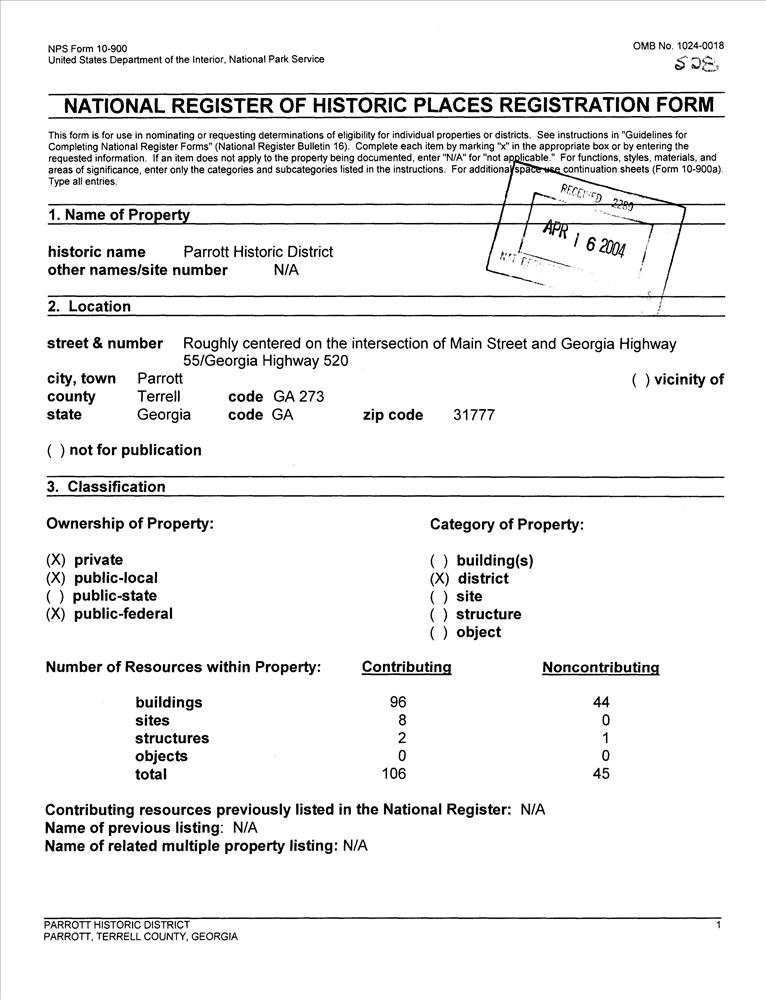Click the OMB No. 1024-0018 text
coord(678,46)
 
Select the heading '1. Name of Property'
coord(118,215)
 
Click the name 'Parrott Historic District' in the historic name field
coord(258,252)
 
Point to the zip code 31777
coord(474,415)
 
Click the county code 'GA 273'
coord(299,397)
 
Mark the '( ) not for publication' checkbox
coord(57,450)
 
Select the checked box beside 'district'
coord(439,578)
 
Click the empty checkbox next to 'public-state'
coord(56,596)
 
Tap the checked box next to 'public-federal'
coord(56,614)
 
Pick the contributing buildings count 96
coord(397,702)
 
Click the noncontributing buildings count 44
coord(601,702)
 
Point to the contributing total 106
coord(396,774)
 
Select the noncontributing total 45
coord(601,774)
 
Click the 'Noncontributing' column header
coord(600,667)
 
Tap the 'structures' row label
coord(172,738)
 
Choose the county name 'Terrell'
coord(158,397)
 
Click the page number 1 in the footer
coord(719,925)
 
